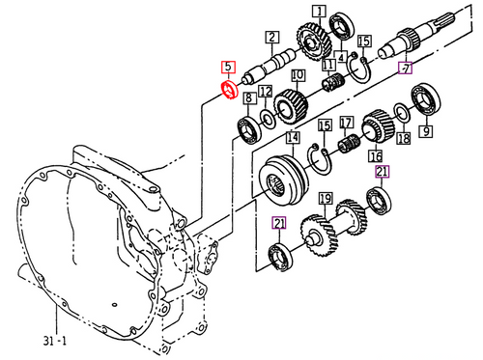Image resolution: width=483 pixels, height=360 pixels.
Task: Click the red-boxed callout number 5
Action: tap(228, 68)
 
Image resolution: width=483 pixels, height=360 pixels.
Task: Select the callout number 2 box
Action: tap(272, 39)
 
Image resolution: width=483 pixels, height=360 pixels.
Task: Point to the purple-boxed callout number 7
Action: tap(406, 68)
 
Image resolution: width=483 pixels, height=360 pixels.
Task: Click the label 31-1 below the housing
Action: tap(57, 341)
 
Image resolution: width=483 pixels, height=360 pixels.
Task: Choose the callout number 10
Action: tap(298, 75)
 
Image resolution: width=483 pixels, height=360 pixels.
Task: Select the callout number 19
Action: tap(326, 201)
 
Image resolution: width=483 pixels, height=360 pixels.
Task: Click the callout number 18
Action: tap(403, 138)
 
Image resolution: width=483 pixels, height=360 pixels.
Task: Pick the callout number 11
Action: tap(329, 66)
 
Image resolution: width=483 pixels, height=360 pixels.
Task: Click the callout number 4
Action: tap(341, 58)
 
